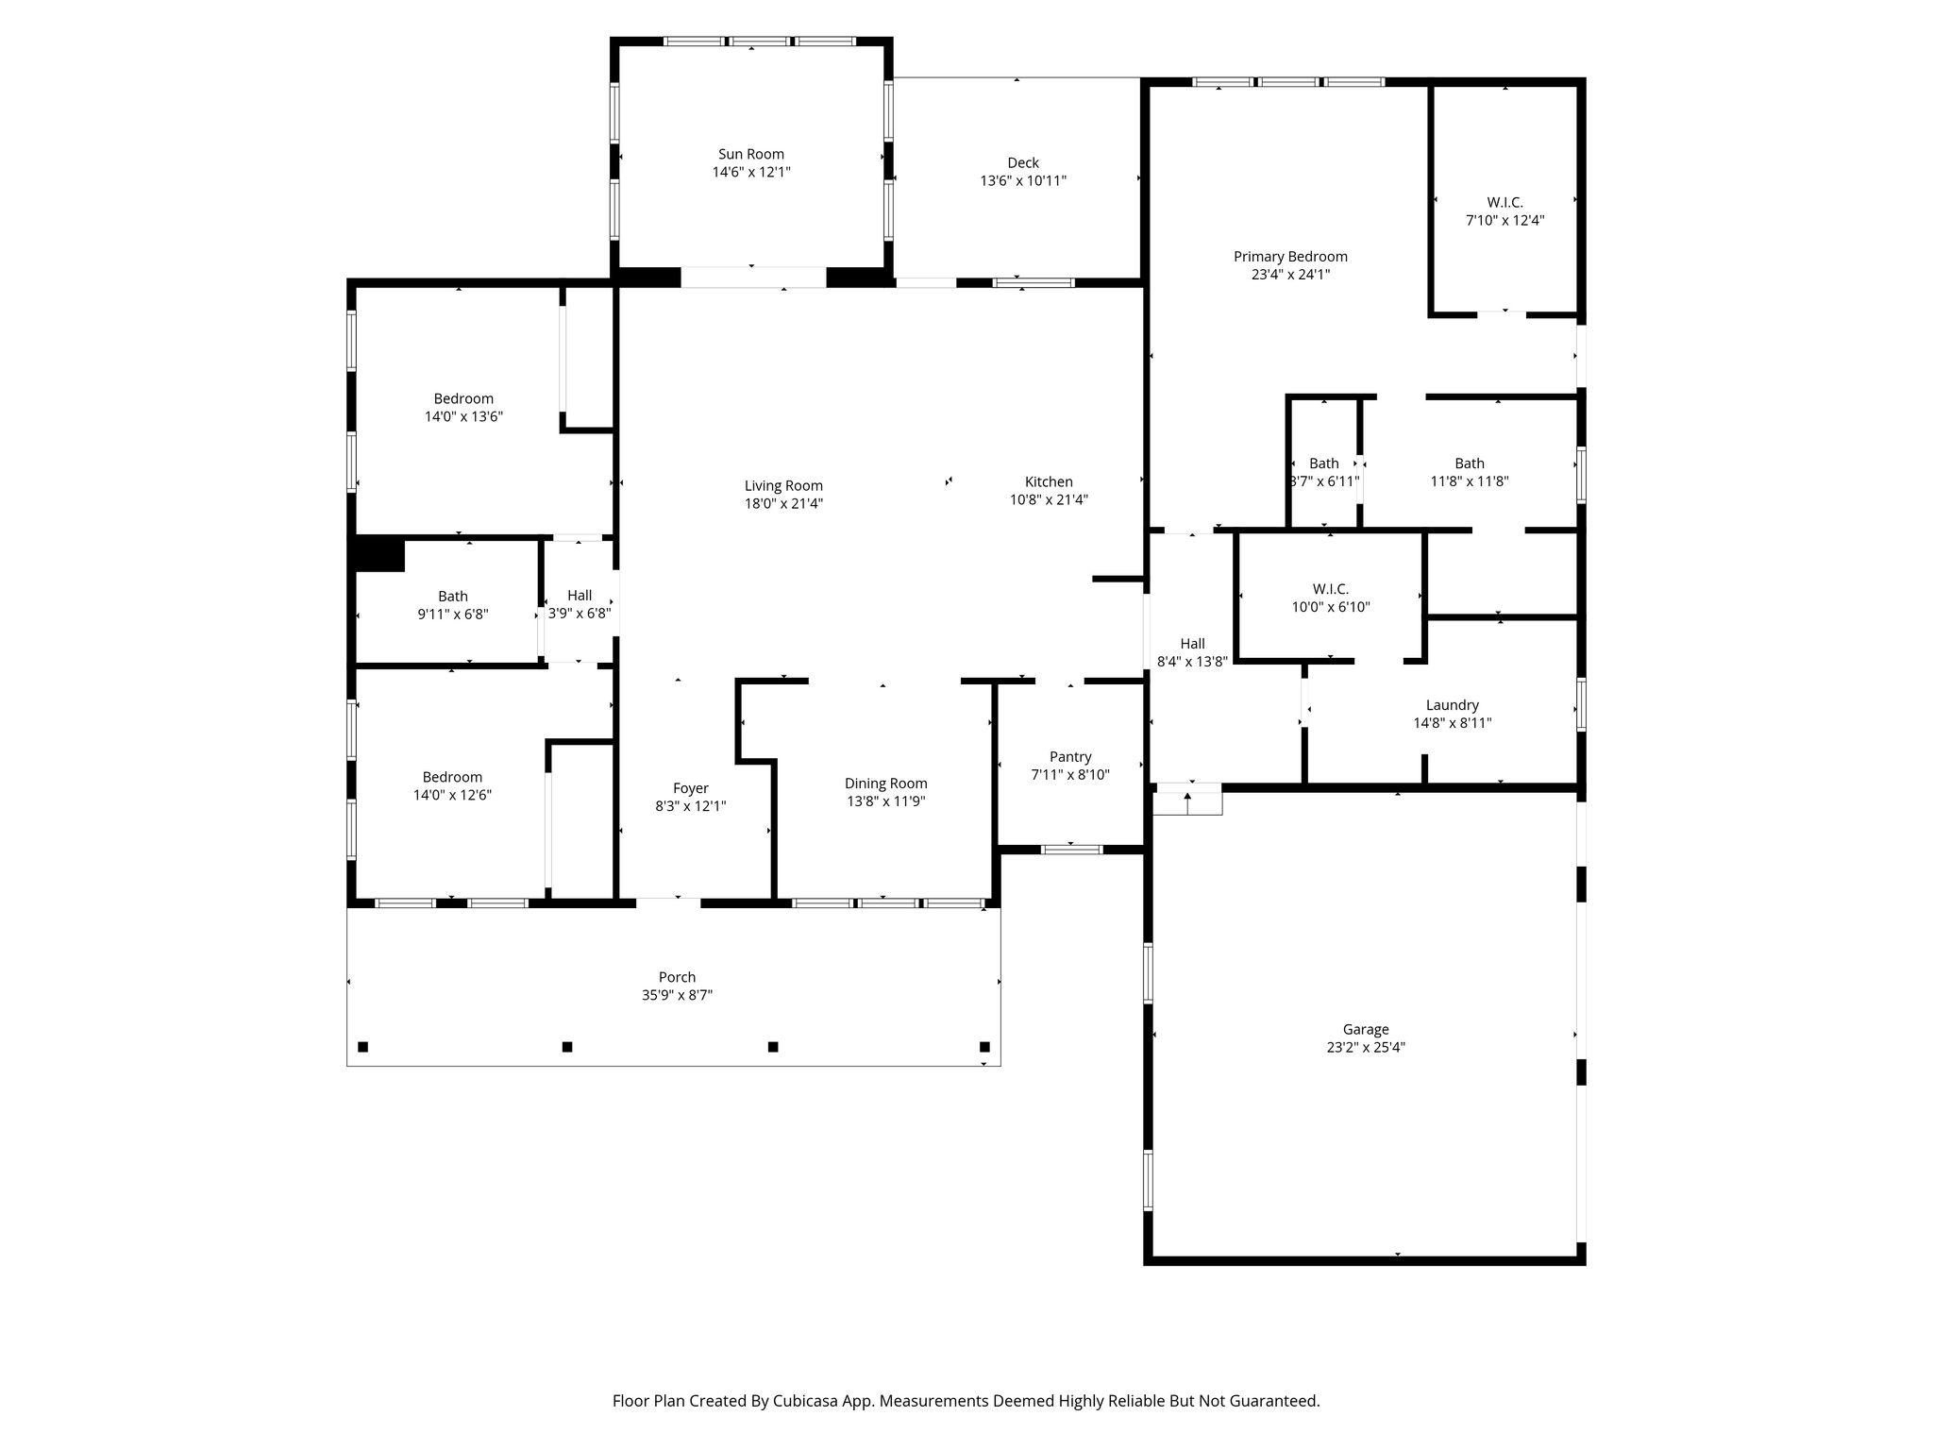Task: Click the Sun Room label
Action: coord(751,154)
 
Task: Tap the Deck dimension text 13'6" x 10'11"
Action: coord(1023,180)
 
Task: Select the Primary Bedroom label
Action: coord(1290,257)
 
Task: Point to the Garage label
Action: coord(1366,1030)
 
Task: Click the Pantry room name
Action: coord(1070,757)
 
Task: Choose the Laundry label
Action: coord(1453,705)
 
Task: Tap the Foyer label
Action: coord(691,788)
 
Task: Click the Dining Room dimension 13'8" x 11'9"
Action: coord(886,801)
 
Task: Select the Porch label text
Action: coord(678,977)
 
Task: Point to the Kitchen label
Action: coord(1050,481)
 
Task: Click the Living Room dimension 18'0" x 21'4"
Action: coord(783,504)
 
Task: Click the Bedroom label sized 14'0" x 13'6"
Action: coord(463,398)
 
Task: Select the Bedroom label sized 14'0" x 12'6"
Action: coord(452,777)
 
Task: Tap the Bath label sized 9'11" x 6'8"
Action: coord(453,597)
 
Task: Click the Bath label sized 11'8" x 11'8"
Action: coord(1470,464)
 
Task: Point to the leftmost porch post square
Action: coord(362,1047)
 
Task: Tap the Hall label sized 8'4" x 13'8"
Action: coord(1193,644)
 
